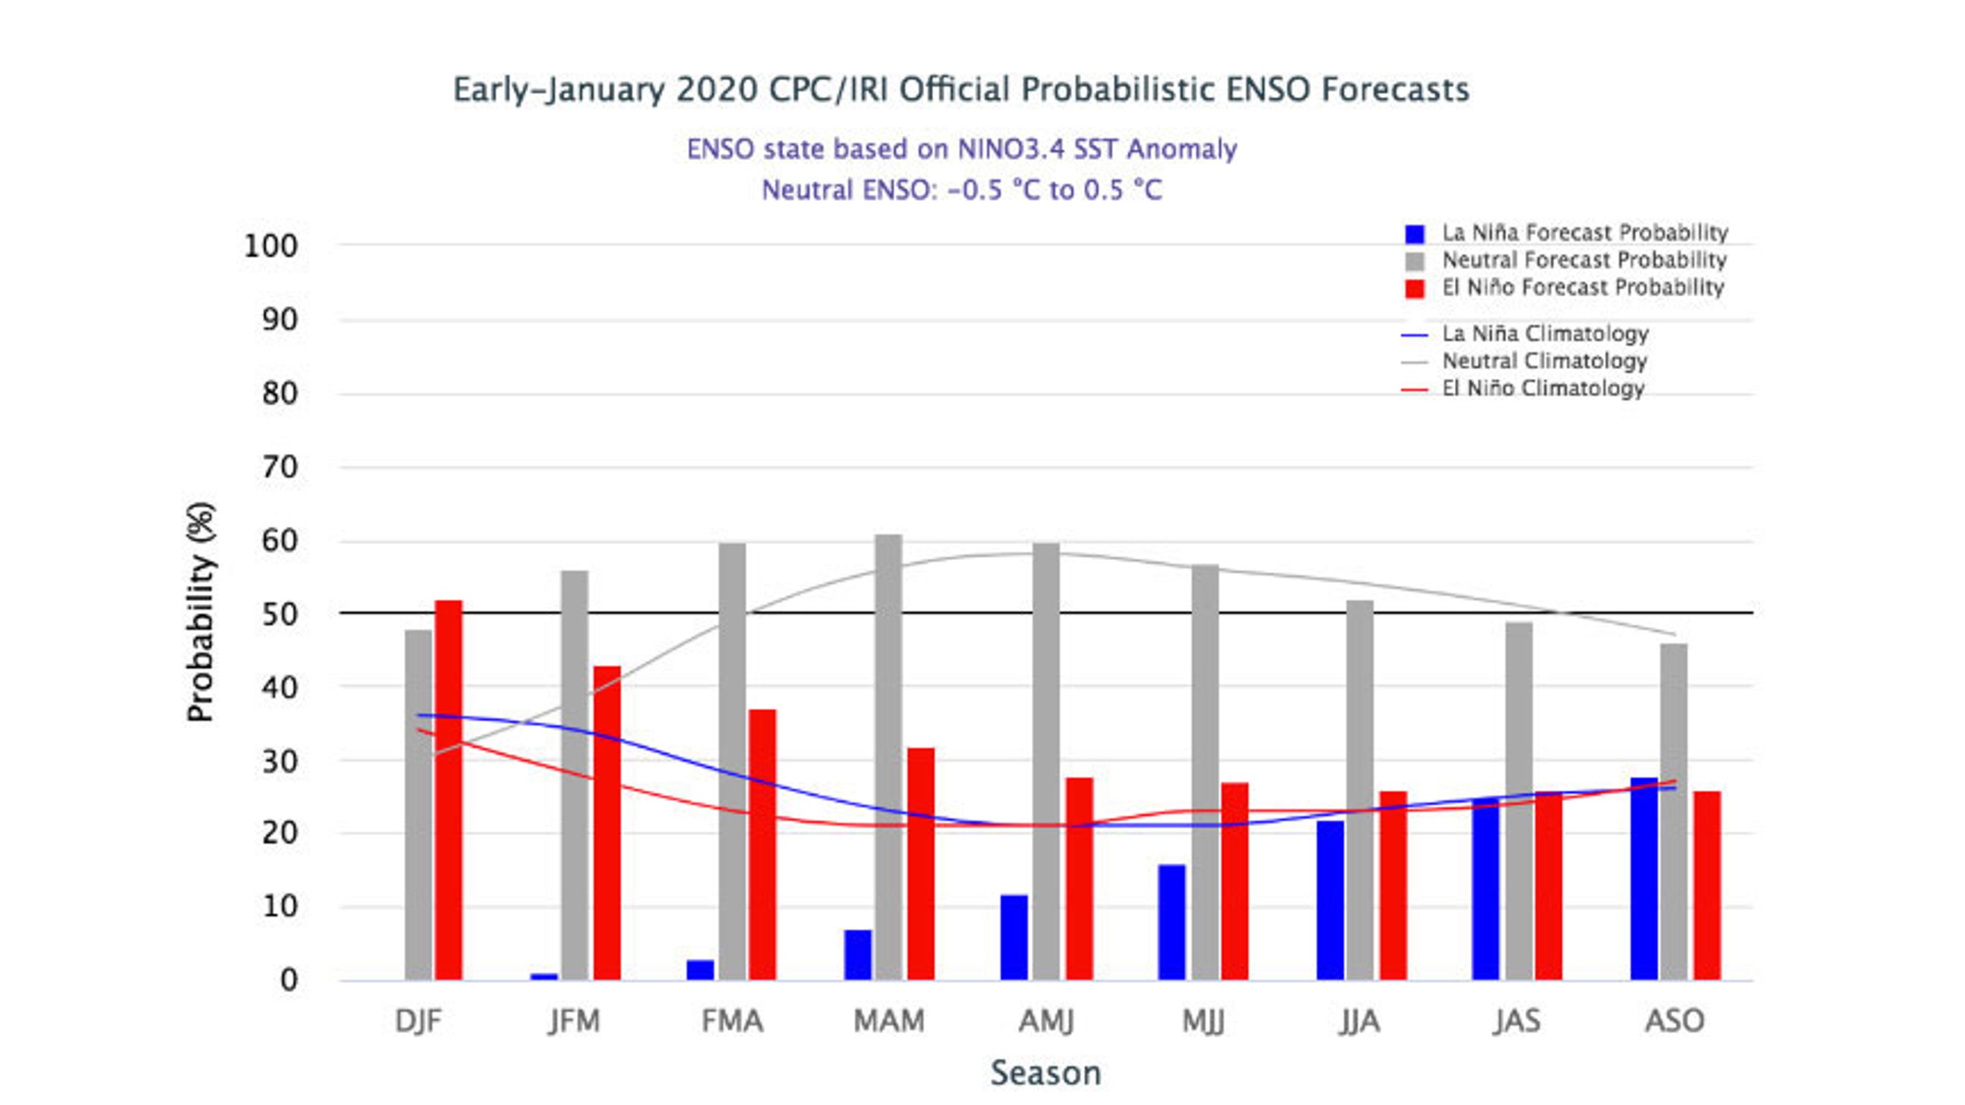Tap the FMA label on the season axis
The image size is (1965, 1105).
point(732,1021)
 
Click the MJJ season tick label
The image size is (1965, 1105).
point(1203,1021)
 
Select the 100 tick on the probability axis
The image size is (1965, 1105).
point(270,246)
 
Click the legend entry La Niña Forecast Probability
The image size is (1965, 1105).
point(1584,233)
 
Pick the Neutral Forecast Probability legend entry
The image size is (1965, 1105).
point(1584,260)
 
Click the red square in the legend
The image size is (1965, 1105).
point(1414,288)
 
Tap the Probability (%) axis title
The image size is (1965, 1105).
point(201,612)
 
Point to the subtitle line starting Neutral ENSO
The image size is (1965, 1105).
point(962,190)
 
